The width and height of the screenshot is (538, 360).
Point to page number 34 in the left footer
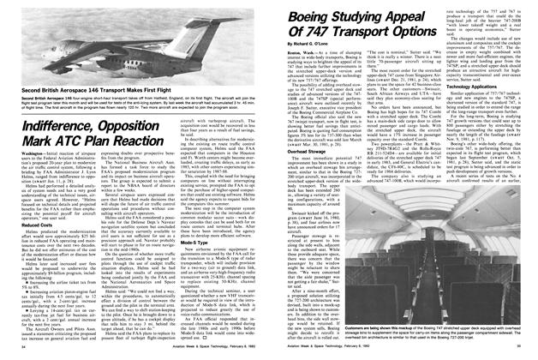pos(11,355)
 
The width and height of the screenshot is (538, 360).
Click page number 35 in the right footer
pos(525,355)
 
